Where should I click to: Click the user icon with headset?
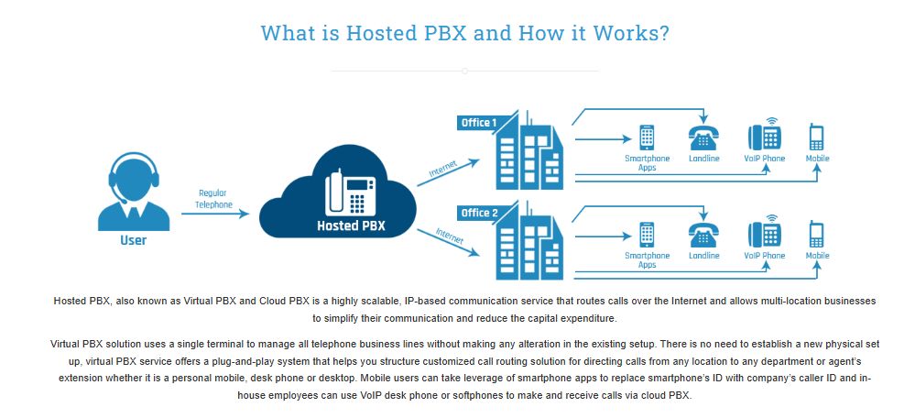(133, 190)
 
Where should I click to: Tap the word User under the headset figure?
(133, 241)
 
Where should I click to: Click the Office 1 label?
(479, 123)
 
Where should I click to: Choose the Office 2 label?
(479, 213)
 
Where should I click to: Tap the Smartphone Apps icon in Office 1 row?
(647, 137)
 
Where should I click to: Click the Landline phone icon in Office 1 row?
(703, 137)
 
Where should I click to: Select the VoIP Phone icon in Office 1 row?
(764, 136)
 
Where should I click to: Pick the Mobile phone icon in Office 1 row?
(817, 137)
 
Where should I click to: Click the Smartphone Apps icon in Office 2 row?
(647, 235)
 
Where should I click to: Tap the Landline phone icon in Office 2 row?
(703, 235)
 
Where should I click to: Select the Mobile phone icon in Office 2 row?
(817, 235)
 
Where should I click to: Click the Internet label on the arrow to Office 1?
(443, 170)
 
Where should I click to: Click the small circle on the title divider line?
(464, 71)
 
